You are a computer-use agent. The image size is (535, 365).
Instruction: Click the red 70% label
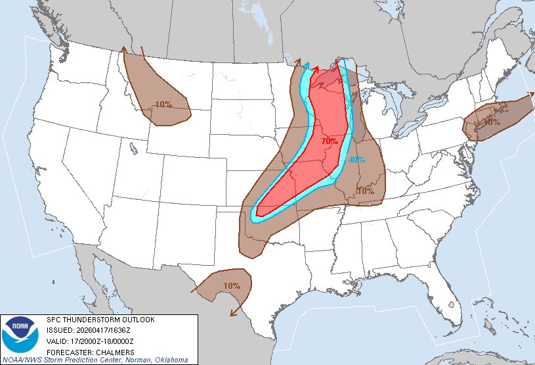coord(330,141)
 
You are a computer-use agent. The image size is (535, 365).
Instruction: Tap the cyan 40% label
coord(356,160)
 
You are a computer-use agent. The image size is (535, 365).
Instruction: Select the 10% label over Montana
coord(163,104)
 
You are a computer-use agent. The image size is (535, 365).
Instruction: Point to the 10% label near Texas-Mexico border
coord(231,285)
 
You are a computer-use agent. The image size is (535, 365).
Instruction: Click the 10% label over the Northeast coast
coord(490,122)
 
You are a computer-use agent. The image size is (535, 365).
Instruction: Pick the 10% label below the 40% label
coord(365,191)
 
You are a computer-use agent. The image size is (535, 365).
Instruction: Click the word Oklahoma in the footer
coord(171,360)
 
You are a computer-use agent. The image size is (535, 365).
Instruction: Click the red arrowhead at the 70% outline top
coord(316,68)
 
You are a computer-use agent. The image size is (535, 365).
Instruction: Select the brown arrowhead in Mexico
coord(232,313)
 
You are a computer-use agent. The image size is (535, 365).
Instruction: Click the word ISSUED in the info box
coord(58,330)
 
